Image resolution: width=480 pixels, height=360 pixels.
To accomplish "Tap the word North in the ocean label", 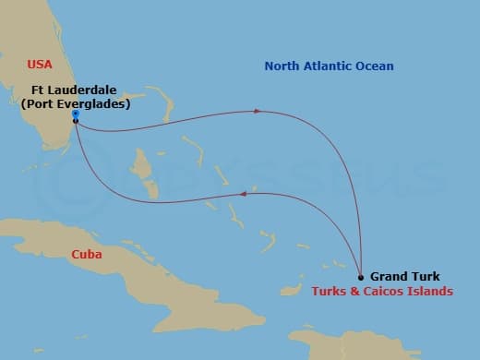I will coord(282,66).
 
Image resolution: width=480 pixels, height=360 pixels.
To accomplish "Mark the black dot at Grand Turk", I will coord(360,276).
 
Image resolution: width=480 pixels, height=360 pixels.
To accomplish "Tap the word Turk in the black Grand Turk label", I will coord(425,276).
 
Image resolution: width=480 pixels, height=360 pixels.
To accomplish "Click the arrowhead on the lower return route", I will coord(242,193).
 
